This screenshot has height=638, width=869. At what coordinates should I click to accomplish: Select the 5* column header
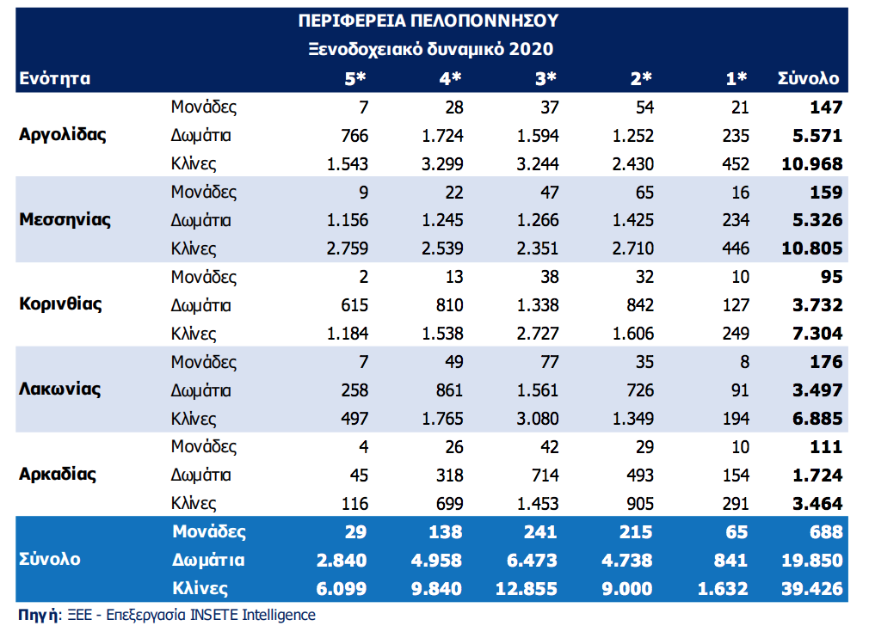pos(355,78)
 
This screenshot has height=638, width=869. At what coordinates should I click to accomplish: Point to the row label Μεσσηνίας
pos(65,219)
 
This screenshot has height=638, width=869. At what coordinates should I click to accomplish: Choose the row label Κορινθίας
pos(60,304)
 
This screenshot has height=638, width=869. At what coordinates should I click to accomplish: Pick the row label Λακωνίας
pos(59,390)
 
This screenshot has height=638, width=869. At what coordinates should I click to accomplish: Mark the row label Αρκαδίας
pos(57,475)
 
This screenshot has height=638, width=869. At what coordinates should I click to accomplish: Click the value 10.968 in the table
pos(812,163)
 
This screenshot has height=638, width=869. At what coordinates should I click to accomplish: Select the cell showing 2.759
pos(348,248)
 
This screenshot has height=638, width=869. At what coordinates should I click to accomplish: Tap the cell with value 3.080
pos(539,419)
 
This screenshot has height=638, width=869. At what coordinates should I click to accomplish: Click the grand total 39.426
pos(810,589)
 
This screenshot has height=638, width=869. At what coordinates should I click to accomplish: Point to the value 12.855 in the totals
pos(527,589)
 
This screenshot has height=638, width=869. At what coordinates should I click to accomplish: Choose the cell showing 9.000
pos(632,589)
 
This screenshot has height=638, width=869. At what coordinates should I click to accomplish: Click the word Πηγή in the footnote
pos(38,615)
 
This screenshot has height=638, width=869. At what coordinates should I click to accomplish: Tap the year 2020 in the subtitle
pos(531,49)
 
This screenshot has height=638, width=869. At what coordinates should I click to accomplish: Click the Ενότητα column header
pos(54,78)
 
